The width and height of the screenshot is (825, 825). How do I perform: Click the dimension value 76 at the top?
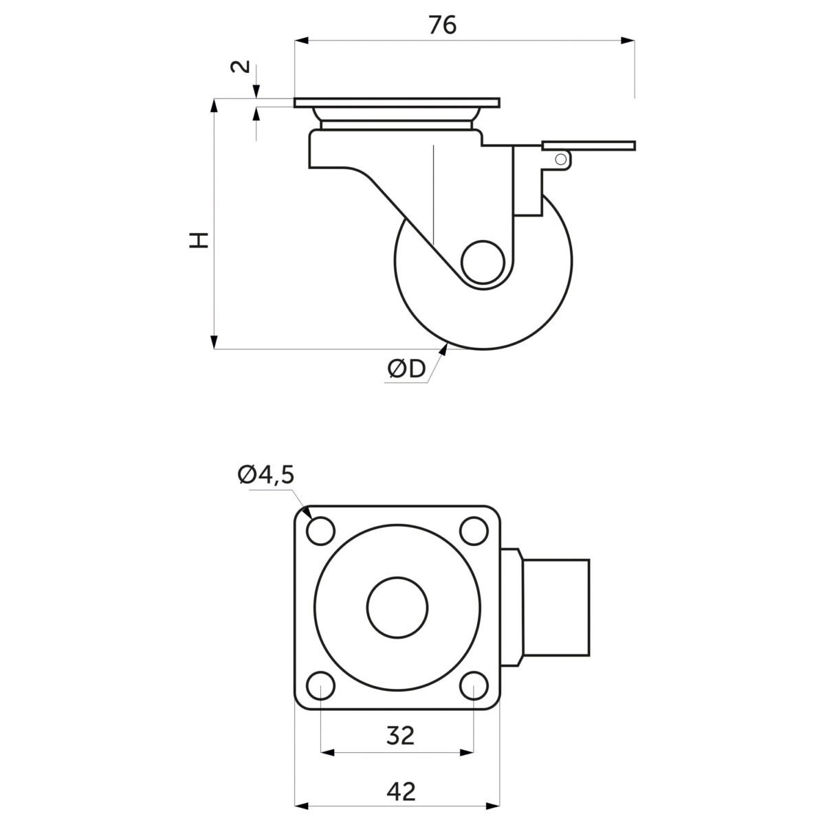[443, 25]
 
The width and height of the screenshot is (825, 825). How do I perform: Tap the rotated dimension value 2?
[241, 67]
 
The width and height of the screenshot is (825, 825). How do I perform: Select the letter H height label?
[199, 241]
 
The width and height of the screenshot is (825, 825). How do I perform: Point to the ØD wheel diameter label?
[406, 369]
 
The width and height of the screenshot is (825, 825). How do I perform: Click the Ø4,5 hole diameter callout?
[266, 475]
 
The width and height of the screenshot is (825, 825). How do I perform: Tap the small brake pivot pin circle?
[560, 159]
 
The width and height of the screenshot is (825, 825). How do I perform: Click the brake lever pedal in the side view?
[588, 145]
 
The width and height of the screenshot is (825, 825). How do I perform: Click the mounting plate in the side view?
[397, 102]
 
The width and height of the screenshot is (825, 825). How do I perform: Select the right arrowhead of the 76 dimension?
[628, 41]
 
